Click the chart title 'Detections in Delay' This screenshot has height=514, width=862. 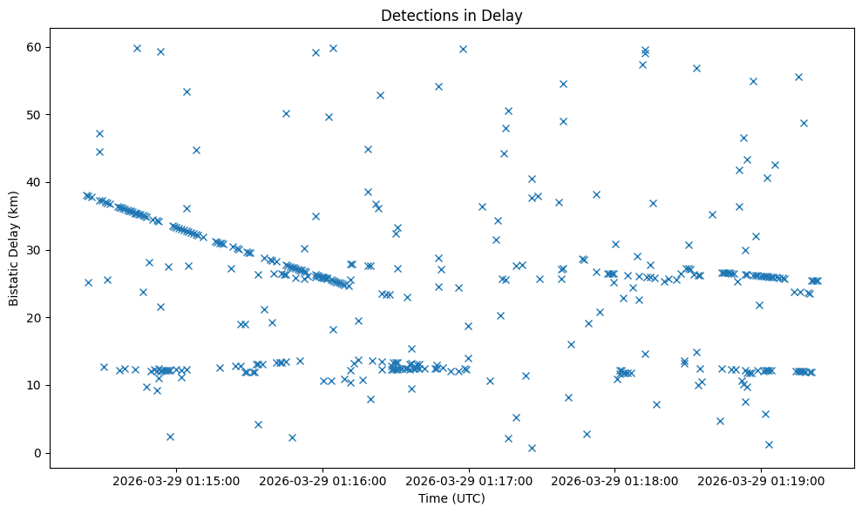pos(451,16)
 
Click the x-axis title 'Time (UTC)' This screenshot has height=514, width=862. pos(451,498)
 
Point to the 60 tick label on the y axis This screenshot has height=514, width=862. pos(33,47)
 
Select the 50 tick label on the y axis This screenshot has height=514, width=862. pos(33,114)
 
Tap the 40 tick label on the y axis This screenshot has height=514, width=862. pos(33,182)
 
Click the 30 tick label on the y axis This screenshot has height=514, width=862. pos(33,250)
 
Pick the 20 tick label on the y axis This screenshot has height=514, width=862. pos(33,318)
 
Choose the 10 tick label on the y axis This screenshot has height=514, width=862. pos(33,385)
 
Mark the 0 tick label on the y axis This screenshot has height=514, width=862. pos(37,453)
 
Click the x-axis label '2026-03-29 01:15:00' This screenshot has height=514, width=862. pos(176,481)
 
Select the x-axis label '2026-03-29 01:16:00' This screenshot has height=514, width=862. pos(322,481)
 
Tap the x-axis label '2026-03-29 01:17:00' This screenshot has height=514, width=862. pos(469,481)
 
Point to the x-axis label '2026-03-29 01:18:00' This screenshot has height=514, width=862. pos(614,481)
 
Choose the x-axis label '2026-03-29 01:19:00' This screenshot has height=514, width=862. pos(761,481)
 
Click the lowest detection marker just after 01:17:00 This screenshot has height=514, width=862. pos(532,448)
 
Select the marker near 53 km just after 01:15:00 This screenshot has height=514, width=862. pos(187,91)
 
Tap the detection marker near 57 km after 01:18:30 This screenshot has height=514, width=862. pos(696,68)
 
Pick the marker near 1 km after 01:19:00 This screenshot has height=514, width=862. pos(769,444)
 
